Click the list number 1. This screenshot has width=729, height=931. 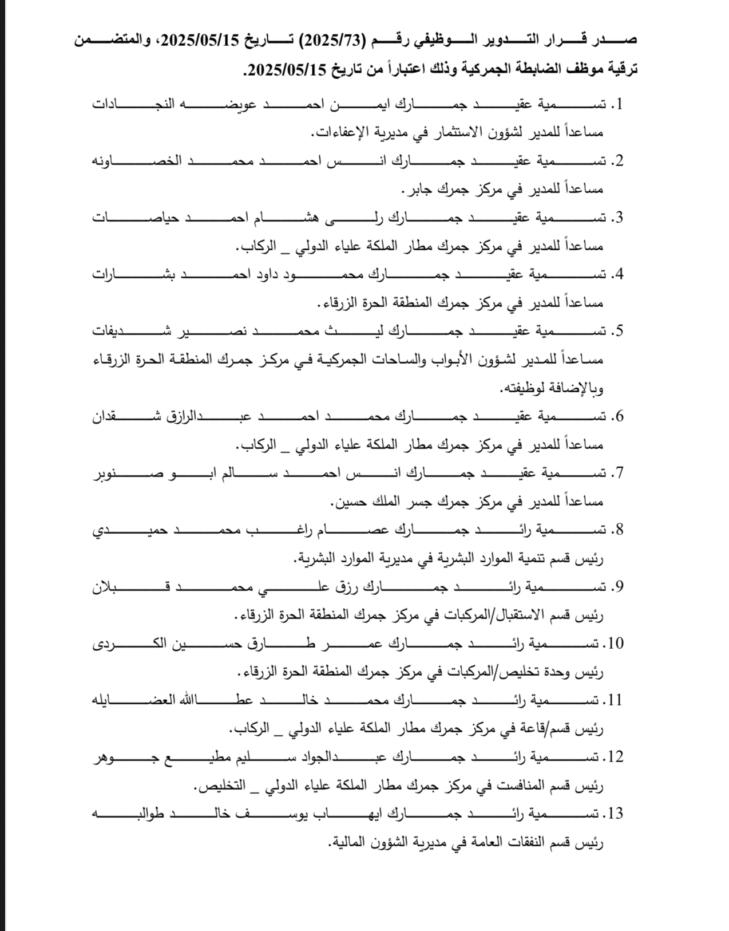point(617,105)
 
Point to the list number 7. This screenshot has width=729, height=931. point(617,474)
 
